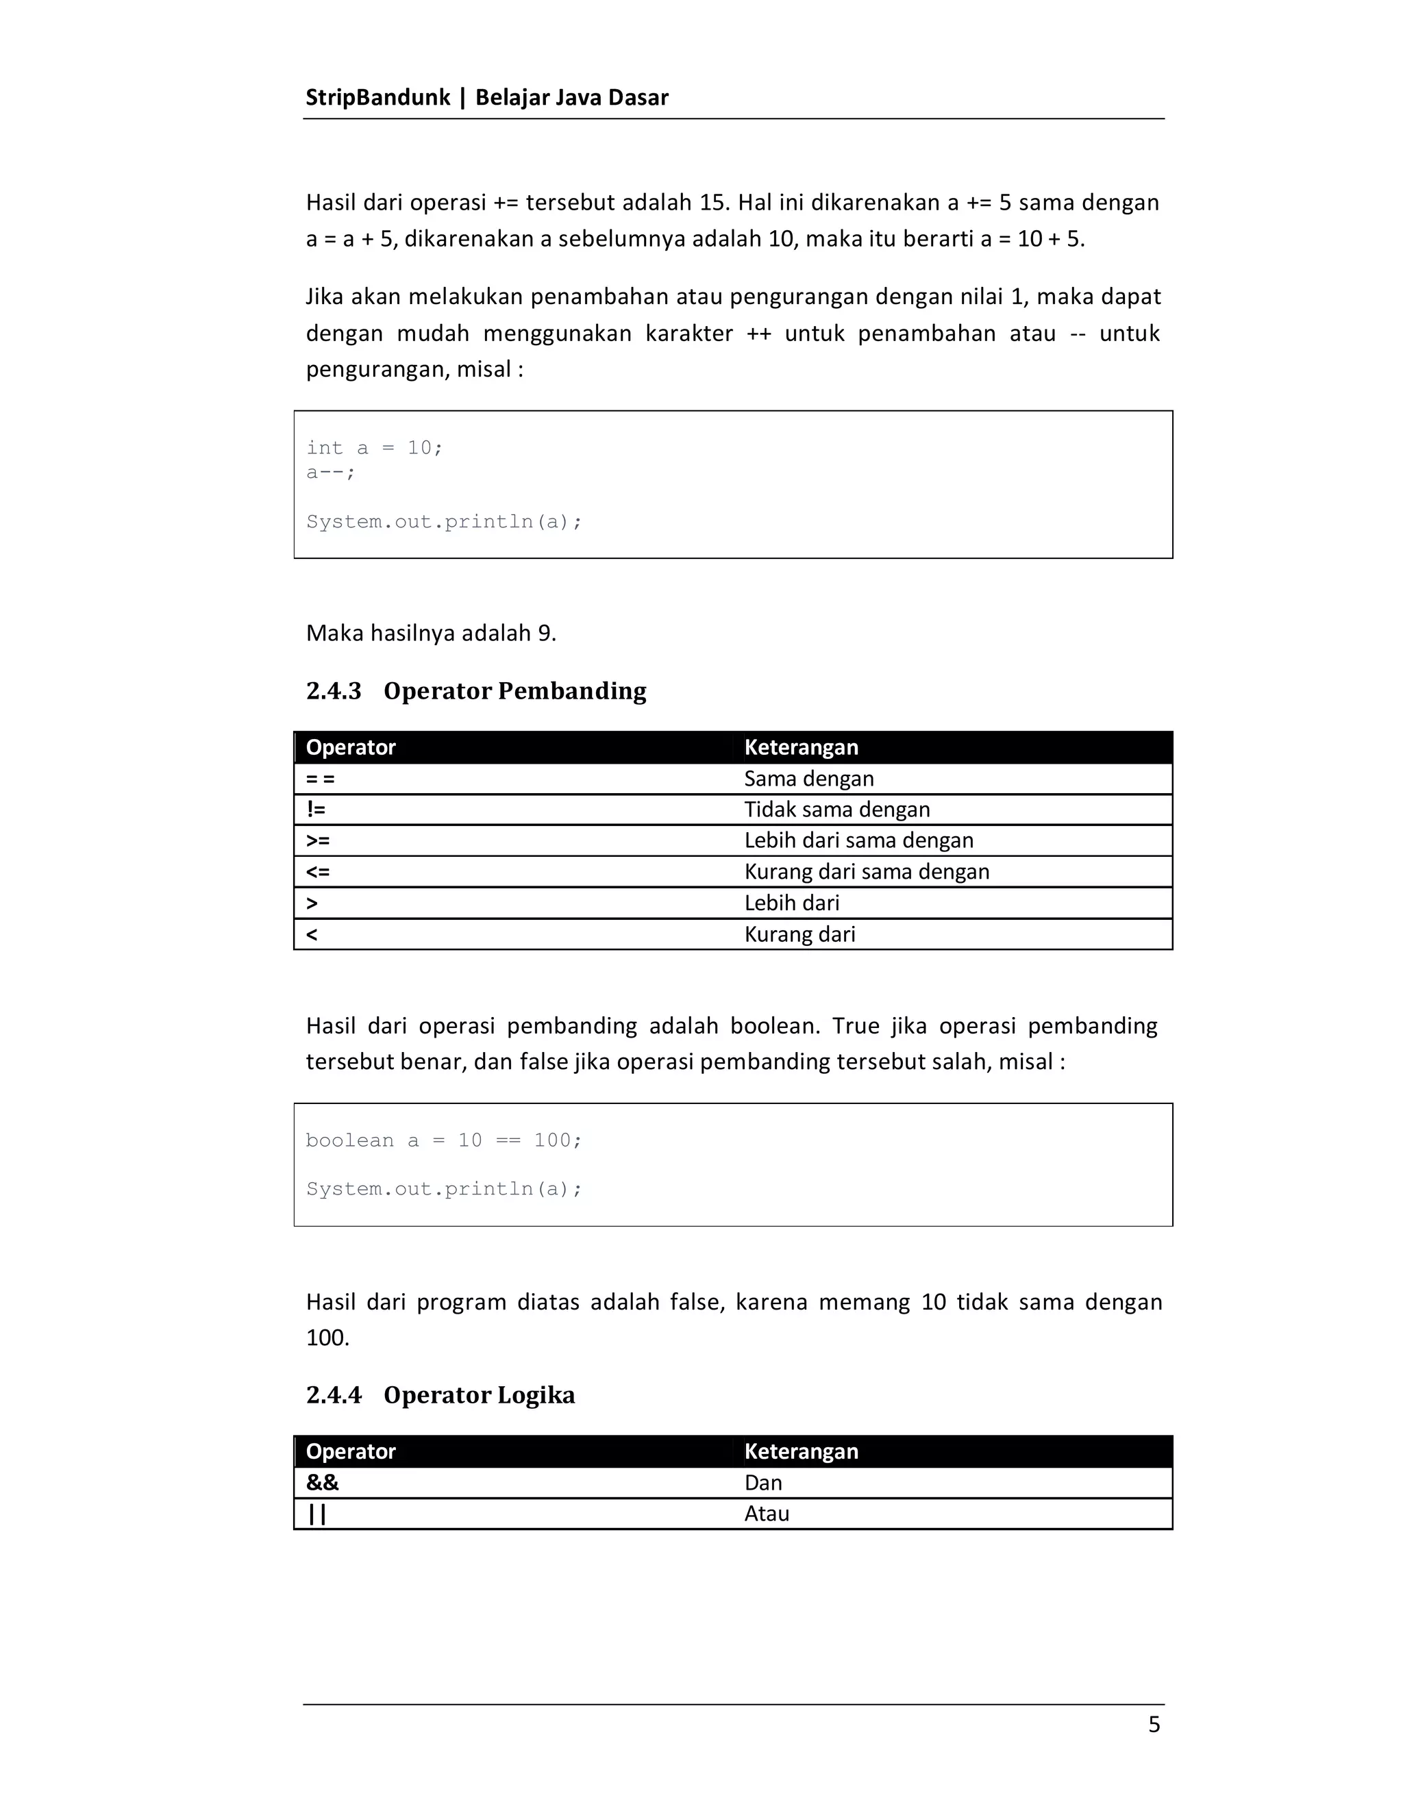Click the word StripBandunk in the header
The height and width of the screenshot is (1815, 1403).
[377, 97]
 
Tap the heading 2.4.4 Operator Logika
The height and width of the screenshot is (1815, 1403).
[440, 1394]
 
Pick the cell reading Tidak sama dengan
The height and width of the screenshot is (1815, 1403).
[836, 810]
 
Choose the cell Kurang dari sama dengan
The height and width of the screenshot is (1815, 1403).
[866, 872]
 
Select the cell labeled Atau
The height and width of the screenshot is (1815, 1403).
[767, 1514]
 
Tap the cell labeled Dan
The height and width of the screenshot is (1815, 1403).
[763, 1483]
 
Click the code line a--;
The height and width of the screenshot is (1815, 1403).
[330, 472]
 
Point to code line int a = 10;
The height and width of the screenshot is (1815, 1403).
[374, 448]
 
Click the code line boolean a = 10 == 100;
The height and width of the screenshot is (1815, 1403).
[444, 1140]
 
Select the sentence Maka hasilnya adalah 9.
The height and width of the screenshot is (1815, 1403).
[430, 634]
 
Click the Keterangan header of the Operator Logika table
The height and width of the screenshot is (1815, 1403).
[800, 1451]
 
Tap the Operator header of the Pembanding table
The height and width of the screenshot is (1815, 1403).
[350, 747]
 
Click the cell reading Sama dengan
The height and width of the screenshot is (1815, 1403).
[809, 779]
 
